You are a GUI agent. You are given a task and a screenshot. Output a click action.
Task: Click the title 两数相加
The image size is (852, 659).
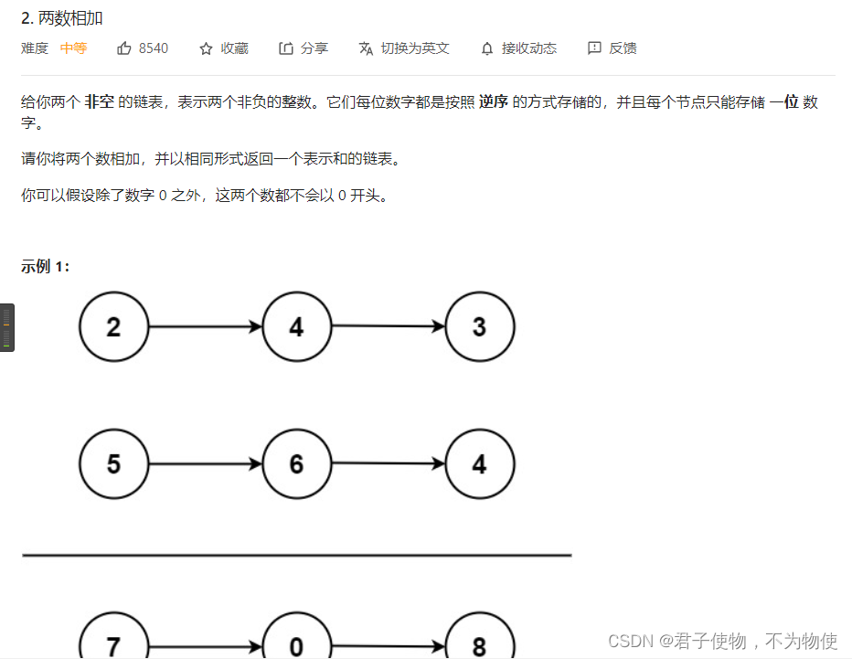(69, 18)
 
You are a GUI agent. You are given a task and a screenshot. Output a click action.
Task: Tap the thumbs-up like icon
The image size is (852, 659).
(124, 48)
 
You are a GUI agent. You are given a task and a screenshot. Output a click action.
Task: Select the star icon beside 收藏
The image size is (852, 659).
(206, 48)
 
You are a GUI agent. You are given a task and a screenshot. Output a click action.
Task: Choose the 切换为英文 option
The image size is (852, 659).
(404, 48)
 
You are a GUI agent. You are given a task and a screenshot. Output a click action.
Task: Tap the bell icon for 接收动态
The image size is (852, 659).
(487, 48)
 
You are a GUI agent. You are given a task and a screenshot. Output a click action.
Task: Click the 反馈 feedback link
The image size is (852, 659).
(612, 48)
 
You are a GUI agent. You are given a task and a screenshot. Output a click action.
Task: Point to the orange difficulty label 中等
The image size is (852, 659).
(74, 48)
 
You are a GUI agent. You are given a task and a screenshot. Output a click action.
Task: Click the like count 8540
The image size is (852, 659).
(154, 48)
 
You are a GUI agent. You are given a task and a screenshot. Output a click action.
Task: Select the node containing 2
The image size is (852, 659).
(113, 327)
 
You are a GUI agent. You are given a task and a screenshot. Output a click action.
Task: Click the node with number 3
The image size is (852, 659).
(480, 327)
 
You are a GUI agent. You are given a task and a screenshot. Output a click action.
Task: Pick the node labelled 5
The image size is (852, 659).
(113, 464)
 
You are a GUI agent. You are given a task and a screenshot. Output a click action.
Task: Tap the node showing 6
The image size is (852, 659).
(296, 464)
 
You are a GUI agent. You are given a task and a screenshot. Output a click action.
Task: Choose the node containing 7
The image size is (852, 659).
(113, 645)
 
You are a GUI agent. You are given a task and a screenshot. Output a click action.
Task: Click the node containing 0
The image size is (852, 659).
(296, 645)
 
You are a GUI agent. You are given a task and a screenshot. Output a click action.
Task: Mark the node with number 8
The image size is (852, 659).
(480, 645)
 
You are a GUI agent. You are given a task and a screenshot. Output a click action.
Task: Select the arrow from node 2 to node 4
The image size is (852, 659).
(205, 326)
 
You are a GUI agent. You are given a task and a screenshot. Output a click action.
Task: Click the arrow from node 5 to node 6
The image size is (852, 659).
(205, 464)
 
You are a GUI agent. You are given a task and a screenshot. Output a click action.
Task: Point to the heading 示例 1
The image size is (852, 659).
(46, 267)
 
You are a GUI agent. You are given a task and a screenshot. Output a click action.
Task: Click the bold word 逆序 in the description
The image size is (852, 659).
(495, 102)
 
